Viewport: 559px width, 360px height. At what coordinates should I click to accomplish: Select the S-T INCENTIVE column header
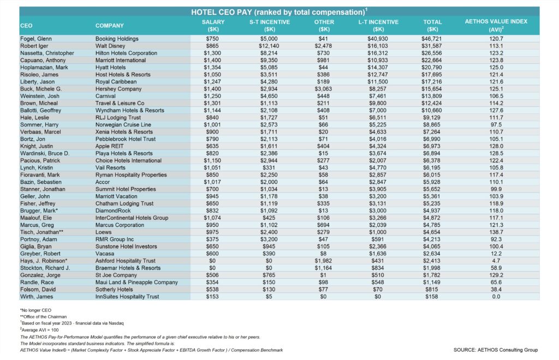269,25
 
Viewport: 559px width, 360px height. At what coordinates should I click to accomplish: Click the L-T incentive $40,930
377,39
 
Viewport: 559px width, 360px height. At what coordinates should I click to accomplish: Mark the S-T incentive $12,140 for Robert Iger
269,46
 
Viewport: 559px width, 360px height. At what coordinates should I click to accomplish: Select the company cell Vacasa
106,254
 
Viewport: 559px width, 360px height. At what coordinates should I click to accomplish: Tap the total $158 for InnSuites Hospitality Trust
433,297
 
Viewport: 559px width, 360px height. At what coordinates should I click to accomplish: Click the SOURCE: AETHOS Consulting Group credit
496,350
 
